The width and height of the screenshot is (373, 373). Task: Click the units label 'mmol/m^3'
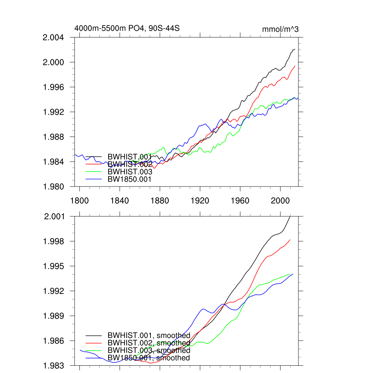click(x=280, y=29)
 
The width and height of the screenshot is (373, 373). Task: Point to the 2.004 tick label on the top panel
click(x=54, y=38)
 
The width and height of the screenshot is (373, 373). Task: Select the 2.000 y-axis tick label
click(x=54, y=62)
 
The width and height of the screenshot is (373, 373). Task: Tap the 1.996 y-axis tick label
click(x=54, y=87)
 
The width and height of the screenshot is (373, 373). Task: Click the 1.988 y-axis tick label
click(x=54, y=137)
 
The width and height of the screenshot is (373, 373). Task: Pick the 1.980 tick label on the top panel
click(x=54, y=186)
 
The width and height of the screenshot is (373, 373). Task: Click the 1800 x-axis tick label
click(x=79, y=201)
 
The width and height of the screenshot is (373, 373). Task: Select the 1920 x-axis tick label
click(x=200, y=201)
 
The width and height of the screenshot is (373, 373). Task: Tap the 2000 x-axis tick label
click(x=280, y=201)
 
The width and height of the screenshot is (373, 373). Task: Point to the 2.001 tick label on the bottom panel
click(x=54, y=217)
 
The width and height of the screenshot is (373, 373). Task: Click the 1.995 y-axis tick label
click(x=54, y=266)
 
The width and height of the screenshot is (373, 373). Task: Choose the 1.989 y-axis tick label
click(x=54, y=316)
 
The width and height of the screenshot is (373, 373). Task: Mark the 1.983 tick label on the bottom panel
click(x=54, y=365)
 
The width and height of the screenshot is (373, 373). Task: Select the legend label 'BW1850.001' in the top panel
click(x=129, y=179)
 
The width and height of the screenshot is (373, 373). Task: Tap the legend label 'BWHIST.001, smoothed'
click(x=149, y=335)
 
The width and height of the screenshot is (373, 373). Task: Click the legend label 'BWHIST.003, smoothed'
click(x=149, y=350)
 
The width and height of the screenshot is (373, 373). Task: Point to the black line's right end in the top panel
click(x=295, y=49)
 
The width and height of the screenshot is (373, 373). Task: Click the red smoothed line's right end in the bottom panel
click(x=290, y=240)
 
